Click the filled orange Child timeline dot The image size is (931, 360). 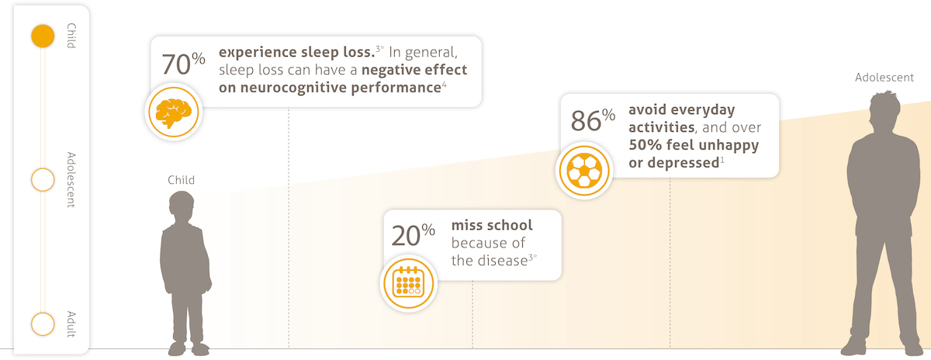pos(43,36)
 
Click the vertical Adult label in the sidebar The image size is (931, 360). pos(71,324)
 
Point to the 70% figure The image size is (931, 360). pos(183,64)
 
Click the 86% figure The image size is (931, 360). pos(593,119)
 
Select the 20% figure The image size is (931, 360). pos(413,235)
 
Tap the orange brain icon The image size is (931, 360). pos(173,112)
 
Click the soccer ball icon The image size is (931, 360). pos(584,171)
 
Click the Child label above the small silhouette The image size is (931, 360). pos(181,179)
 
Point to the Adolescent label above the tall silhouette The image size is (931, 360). pos(884,78)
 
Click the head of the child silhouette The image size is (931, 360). pos(182,206)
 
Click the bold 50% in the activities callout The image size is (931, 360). pos(645,144)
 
